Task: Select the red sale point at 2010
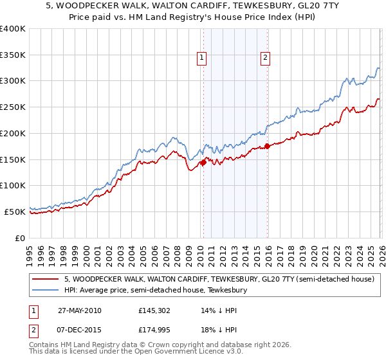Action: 203,163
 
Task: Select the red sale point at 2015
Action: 267,147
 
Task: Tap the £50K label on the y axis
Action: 15,212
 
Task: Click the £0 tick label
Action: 19,238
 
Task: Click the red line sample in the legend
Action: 45,280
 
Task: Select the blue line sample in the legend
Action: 45,291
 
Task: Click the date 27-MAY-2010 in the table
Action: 79,310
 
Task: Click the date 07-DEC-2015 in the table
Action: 79,329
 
